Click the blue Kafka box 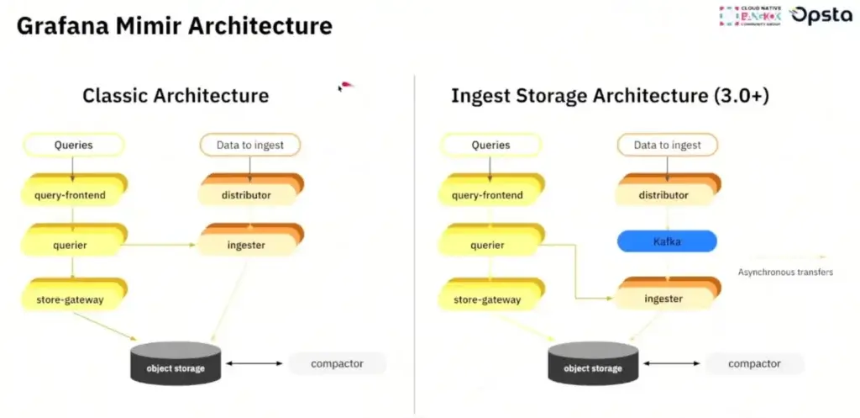[x=667, y=242]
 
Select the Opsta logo [x=821, y=16]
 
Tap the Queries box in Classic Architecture [x=73, y=145]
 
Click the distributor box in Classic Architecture [x=247, y=195]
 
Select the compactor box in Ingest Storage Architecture [x=753, y=364]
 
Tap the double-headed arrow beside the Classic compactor [x=254, y=363]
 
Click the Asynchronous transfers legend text [x=785, y=272]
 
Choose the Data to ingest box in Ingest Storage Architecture [x=667, y=145]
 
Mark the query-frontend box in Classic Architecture [x=73, y=195]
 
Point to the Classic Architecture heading [x=176, y=95]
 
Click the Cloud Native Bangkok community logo [x=749, y=16]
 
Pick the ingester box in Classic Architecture [x=247, y=246]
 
